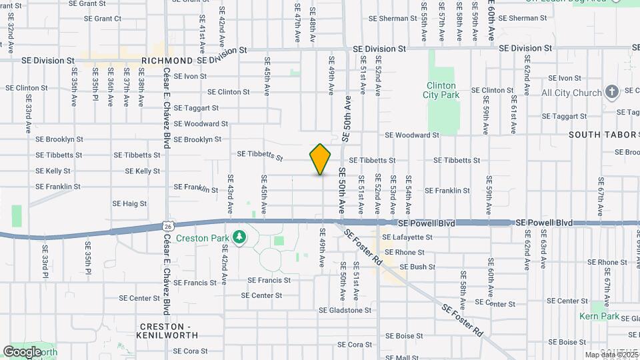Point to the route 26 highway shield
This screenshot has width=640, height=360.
(x=169, y=227)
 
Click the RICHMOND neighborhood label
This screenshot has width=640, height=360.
(x=167, y=61)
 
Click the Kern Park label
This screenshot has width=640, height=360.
(x=599, y=316)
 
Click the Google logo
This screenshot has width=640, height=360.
(x=23, y=351)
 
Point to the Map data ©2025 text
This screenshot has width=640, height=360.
(x=611, y=355)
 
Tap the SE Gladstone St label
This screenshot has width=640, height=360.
(x=345, y=310)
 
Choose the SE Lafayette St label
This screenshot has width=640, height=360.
(x=407, y=237)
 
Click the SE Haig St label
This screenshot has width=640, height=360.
(x=129, y=203)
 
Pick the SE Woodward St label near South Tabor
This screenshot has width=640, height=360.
(x=412, y=135)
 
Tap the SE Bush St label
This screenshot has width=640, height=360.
(x=417, y=267)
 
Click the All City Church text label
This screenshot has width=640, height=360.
(x=572, y=93)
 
